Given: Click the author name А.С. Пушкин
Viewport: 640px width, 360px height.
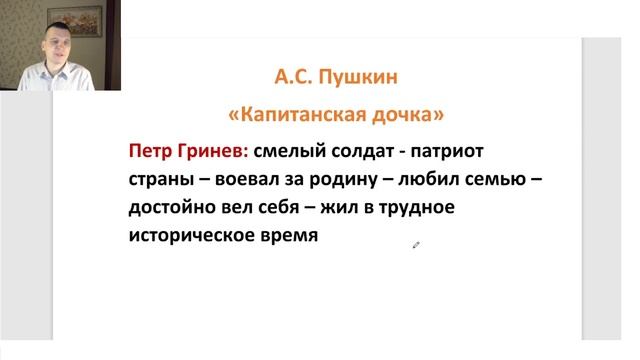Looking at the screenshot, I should [339, 76].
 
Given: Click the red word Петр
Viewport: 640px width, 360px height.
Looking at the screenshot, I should [150, 152].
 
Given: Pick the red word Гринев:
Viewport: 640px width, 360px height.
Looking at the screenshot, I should [211, 152].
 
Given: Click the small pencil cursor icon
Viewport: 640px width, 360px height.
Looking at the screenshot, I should [416, 245].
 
